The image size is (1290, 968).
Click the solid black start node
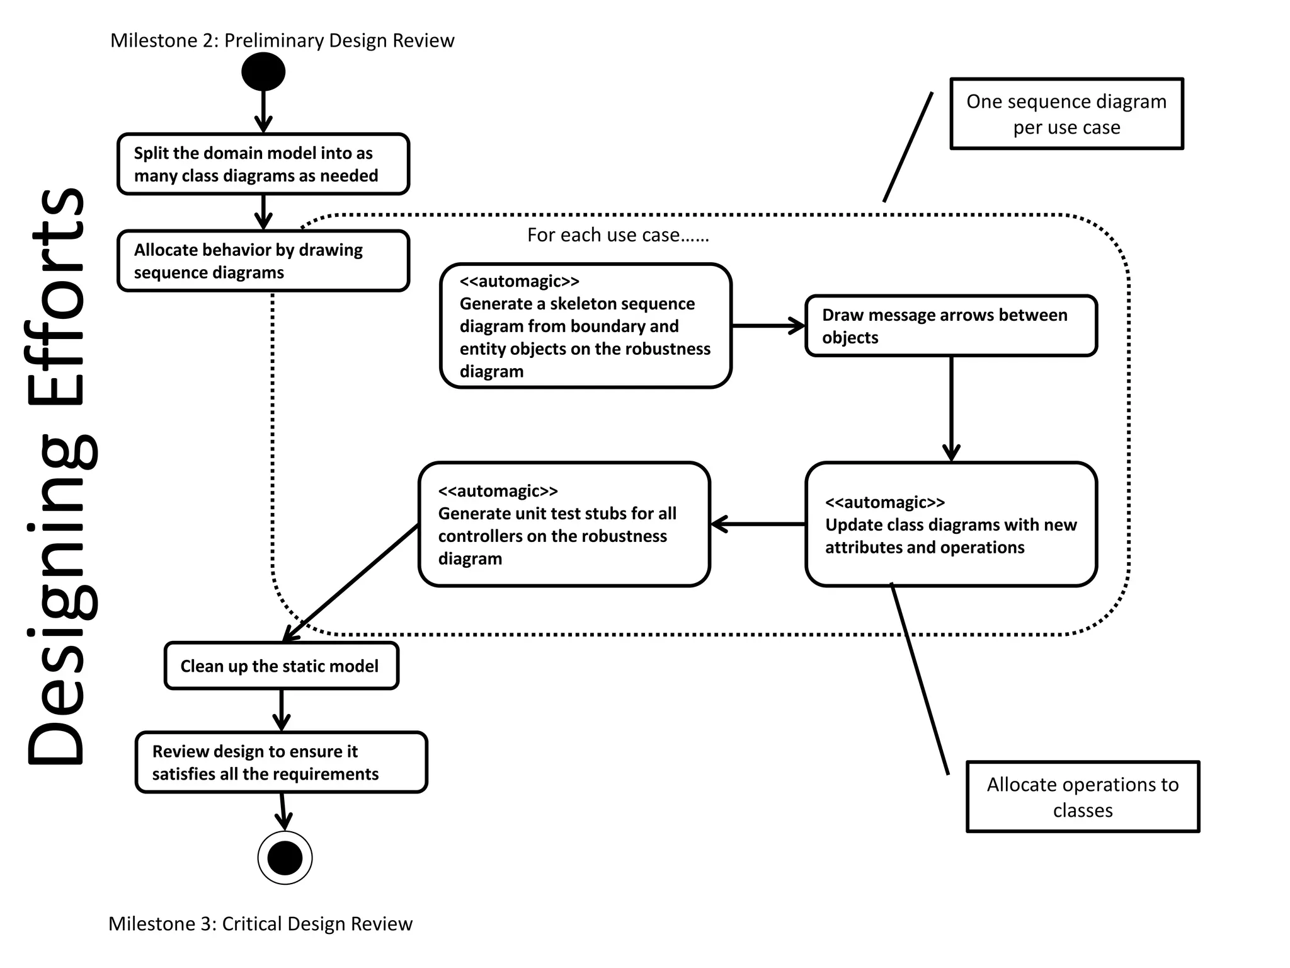[263, 71]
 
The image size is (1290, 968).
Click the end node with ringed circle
[285, 858]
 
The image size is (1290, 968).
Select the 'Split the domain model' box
[263, 164]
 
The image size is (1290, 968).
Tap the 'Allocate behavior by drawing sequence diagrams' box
[263, 261]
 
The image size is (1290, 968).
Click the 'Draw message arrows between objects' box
[951, 326]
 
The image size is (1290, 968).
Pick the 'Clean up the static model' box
[282, 665]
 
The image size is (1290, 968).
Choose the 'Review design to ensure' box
[282, 762]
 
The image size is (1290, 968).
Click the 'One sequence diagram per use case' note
[1066, 114]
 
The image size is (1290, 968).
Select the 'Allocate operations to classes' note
[1083, 797]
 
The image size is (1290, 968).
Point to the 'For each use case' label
[618, 235]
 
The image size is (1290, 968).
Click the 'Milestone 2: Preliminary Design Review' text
[282, 40]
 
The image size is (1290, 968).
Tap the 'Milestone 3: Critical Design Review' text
[260, 923]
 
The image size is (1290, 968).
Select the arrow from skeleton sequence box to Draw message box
[768, 326]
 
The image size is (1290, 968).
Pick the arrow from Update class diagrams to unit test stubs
[758, 524]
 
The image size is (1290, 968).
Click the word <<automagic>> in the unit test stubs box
[498, 490]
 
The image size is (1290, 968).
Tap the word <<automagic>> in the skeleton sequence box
[519, 281]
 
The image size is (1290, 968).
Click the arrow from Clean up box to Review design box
[282, 710]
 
